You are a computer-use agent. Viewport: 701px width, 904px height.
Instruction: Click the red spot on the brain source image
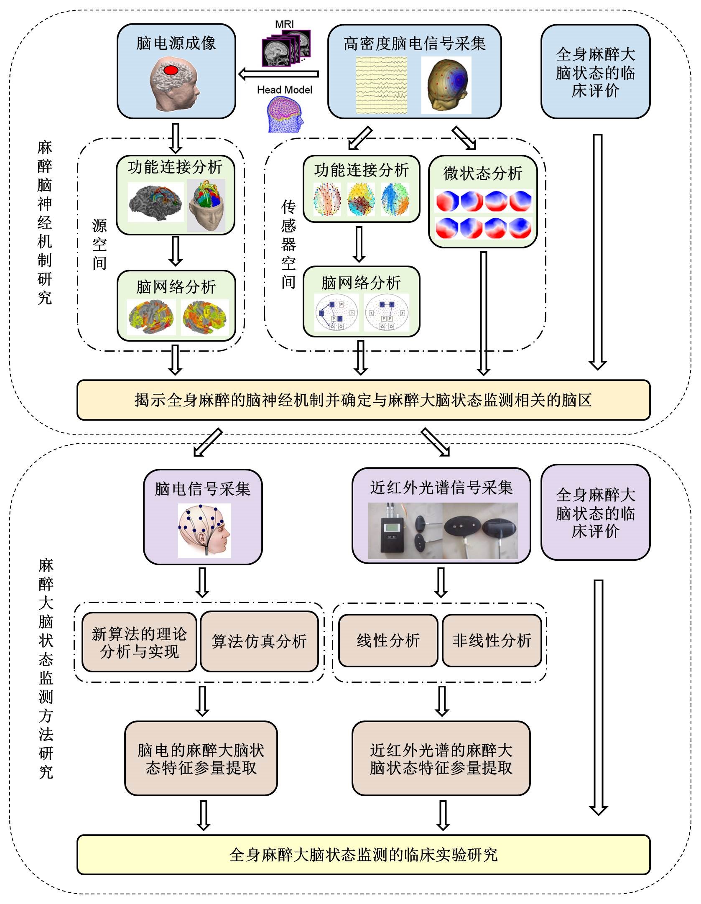pyautogui.click(x=171, y=70)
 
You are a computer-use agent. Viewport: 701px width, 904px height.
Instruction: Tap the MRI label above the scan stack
pyautogui.click(x=284, y=24)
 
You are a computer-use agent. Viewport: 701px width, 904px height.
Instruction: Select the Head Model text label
pyautogui.click(x=284, y=90)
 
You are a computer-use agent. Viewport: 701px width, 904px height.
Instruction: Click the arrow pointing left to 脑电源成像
pyautogui.click(x=278, y=74)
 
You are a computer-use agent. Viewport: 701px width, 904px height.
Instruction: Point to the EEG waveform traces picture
pyautogui.click(x=381, y=85)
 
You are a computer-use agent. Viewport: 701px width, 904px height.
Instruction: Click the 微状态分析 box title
pyautogui.click(x=483, y=173)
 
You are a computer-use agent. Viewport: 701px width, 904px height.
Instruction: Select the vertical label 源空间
pyautogui.click(x=99, y=244)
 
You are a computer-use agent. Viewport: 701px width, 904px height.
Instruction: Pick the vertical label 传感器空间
pyautogui.click(x=288, y=244)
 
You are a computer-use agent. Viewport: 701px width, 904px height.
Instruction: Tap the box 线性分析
pyautogui.click(x=388, y=641)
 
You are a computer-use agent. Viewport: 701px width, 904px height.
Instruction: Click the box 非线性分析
pyautogui.click(x=492, y=641)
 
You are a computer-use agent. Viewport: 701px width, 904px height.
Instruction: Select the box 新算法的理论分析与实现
pyautogui.click(x=139, y=642)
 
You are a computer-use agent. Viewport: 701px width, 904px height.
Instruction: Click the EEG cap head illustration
pyautogui.click(x=204, y=530)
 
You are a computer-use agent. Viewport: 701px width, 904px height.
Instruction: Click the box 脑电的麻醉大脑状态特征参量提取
pyautogui.click(x=201, y=758)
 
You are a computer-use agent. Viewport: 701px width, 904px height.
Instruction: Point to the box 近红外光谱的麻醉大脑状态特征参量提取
pyautogui.click(x=441, y=758)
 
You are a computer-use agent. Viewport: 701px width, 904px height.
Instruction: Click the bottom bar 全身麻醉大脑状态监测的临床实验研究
pyautogui.click(x=363, y=855)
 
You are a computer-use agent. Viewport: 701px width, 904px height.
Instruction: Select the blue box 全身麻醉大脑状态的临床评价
pyautogui.click(x=595, y=72)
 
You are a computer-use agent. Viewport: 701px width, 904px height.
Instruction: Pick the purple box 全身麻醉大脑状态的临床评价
pyautogui.click(x=595, y=513)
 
